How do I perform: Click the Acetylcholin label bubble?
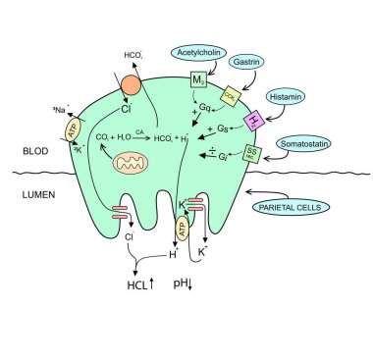point(198,50)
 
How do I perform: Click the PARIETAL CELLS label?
point(291,208)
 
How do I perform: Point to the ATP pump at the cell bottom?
point(183,229)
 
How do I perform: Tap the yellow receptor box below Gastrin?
point(230,94)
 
